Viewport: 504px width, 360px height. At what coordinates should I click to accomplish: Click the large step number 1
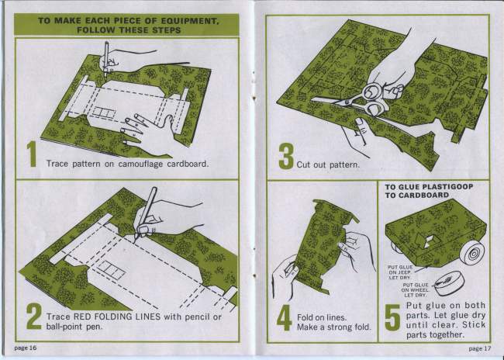[32, 154]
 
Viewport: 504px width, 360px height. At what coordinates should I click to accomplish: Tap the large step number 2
[34, 317]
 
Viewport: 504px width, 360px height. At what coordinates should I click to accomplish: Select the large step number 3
[286, 156]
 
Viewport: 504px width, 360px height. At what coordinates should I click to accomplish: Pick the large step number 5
[393, 317]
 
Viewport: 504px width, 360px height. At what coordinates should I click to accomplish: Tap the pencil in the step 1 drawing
[106, 59]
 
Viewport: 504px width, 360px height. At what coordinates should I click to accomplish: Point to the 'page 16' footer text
[26, 348]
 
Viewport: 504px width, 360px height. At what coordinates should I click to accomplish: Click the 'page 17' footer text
[480, 348]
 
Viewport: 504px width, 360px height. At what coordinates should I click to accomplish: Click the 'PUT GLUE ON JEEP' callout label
[400, 272]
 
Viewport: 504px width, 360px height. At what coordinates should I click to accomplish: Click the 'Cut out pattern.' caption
[328, 164]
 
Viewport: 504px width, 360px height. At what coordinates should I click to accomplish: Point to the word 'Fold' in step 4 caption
[304, 317]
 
